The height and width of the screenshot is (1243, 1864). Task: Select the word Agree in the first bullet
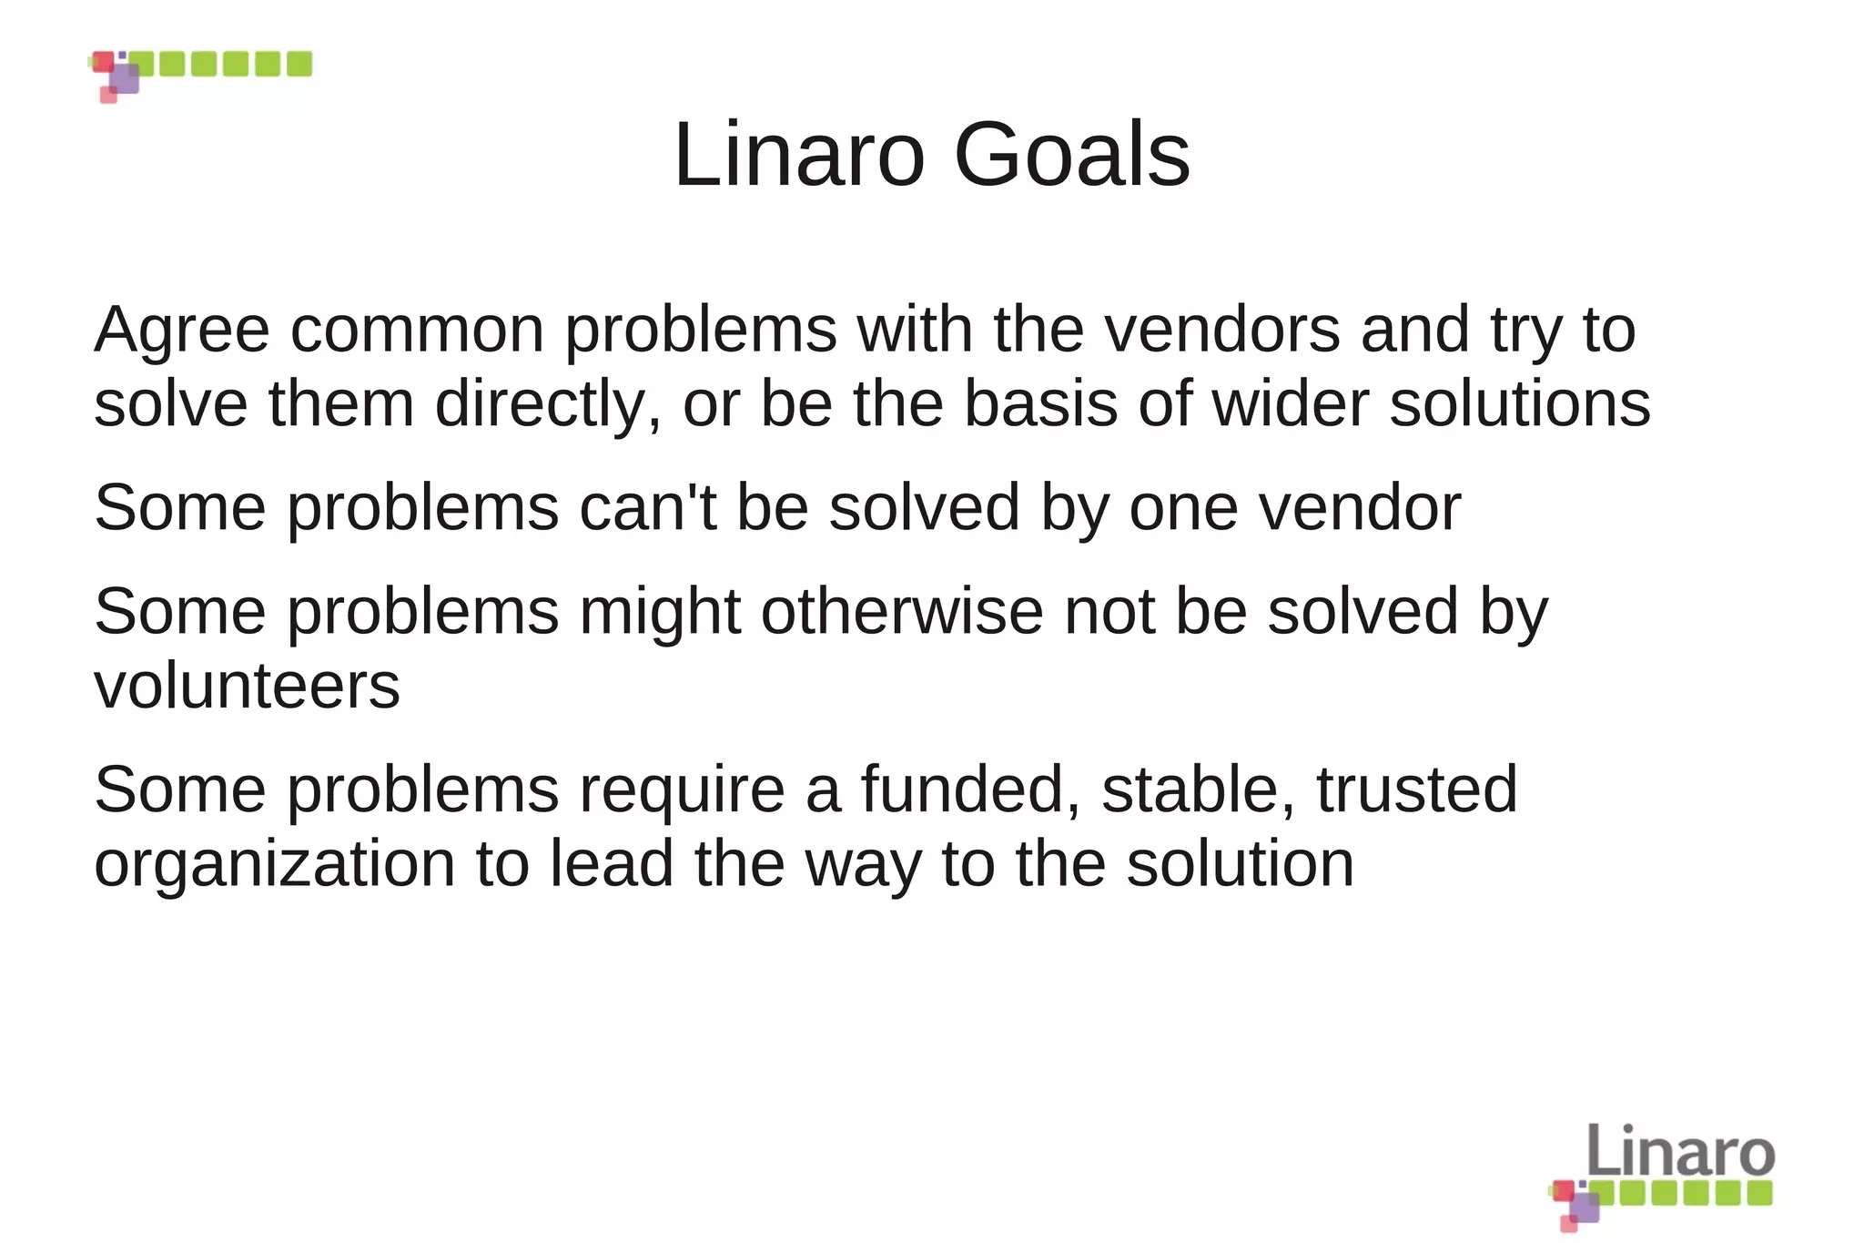[182, 331]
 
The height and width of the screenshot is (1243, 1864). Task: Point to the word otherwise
[902, 611]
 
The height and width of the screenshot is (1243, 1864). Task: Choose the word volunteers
[247, 686]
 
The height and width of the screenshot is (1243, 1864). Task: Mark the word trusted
[1416, 790]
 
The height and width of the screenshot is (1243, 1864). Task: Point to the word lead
[612, 863]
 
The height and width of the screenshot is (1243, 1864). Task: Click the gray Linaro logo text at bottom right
[1680, 1151]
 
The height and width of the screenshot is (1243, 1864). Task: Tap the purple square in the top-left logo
[125, 78]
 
